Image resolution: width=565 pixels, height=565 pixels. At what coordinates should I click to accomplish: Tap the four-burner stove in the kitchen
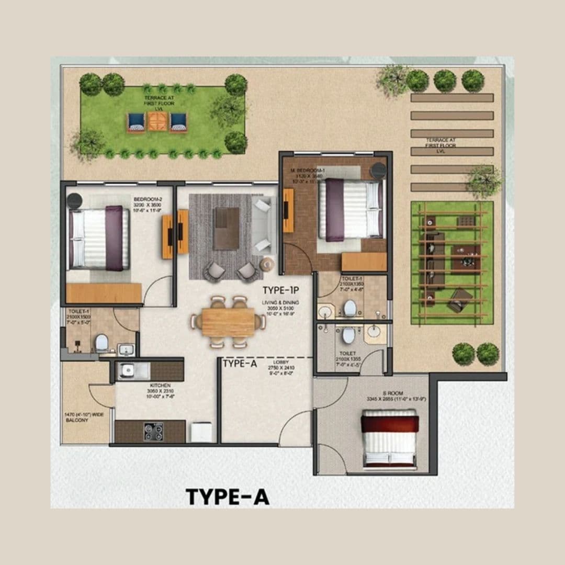153,431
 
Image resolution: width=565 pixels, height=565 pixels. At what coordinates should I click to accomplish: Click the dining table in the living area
228,322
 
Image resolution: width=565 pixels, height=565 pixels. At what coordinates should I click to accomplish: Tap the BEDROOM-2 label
144,200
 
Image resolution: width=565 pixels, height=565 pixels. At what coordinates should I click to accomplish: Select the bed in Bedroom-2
99,238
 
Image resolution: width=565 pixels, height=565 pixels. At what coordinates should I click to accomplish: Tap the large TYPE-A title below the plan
228,496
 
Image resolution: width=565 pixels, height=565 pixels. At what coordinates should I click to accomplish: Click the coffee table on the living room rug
227,228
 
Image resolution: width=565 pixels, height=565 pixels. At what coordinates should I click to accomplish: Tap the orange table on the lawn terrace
157,121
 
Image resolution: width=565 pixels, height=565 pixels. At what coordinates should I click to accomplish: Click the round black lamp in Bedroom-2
74,200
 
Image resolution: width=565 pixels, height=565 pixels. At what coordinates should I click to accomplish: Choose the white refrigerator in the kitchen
201,432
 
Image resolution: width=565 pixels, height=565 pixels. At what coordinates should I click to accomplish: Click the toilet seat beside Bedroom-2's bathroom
101,343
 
